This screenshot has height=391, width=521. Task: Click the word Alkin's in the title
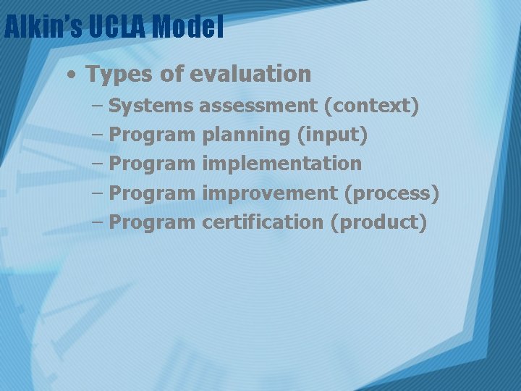43,28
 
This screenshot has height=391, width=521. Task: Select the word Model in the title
188,28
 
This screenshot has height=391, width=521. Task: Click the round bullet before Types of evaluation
72,75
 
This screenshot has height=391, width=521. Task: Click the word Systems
151,106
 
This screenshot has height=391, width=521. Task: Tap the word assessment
258,106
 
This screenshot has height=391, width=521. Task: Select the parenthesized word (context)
371,106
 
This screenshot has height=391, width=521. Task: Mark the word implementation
282,164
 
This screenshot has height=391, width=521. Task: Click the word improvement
270,193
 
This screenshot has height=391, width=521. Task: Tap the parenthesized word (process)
391,193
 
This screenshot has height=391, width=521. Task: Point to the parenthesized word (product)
378,222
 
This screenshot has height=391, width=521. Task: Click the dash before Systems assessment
98,106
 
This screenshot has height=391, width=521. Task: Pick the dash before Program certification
98,223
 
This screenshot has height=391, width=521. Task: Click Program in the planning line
152,135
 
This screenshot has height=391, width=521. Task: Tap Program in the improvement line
152,193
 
